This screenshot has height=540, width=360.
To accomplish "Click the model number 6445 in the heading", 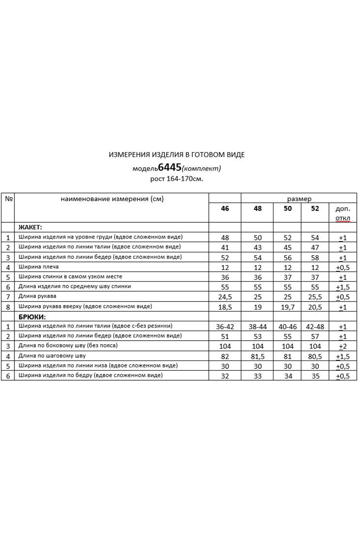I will point(170,167).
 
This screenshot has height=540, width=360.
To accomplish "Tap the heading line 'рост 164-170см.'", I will point(177,179).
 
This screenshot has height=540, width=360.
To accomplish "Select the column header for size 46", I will point(225,209).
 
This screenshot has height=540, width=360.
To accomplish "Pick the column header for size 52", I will point(315,209).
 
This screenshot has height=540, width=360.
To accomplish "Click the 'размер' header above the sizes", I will point(299,198).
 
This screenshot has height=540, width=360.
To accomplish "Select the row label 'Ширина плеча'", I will point(36,267).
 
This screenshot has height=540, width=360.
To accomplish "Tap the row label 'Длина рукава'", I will point(37,297).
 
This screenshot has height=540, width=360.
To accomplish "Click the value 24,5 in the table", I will point(225,297).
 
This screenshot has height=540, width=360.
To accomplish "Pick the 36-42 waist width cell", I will point(225,327).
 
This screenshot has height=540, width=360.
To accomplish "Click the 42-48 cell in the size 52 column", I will point(315,327).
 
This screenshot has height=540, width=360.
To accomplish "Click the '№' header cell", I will point(8,198).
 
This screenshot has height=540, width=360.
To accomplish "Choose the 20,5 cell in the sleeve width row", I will point(315,307).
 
